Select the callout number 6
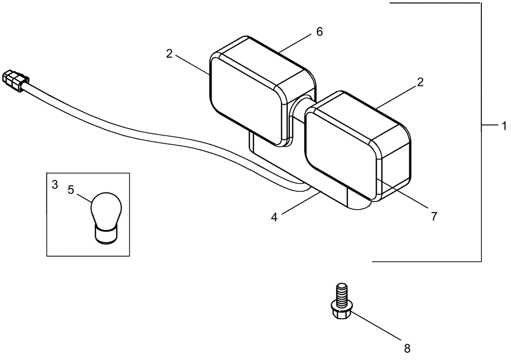[319, 32]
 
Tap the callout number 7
[433, 216]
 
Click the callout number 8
[407, 349]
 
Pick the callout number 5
[71, 190]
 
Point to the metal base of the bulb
[106, 235]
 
